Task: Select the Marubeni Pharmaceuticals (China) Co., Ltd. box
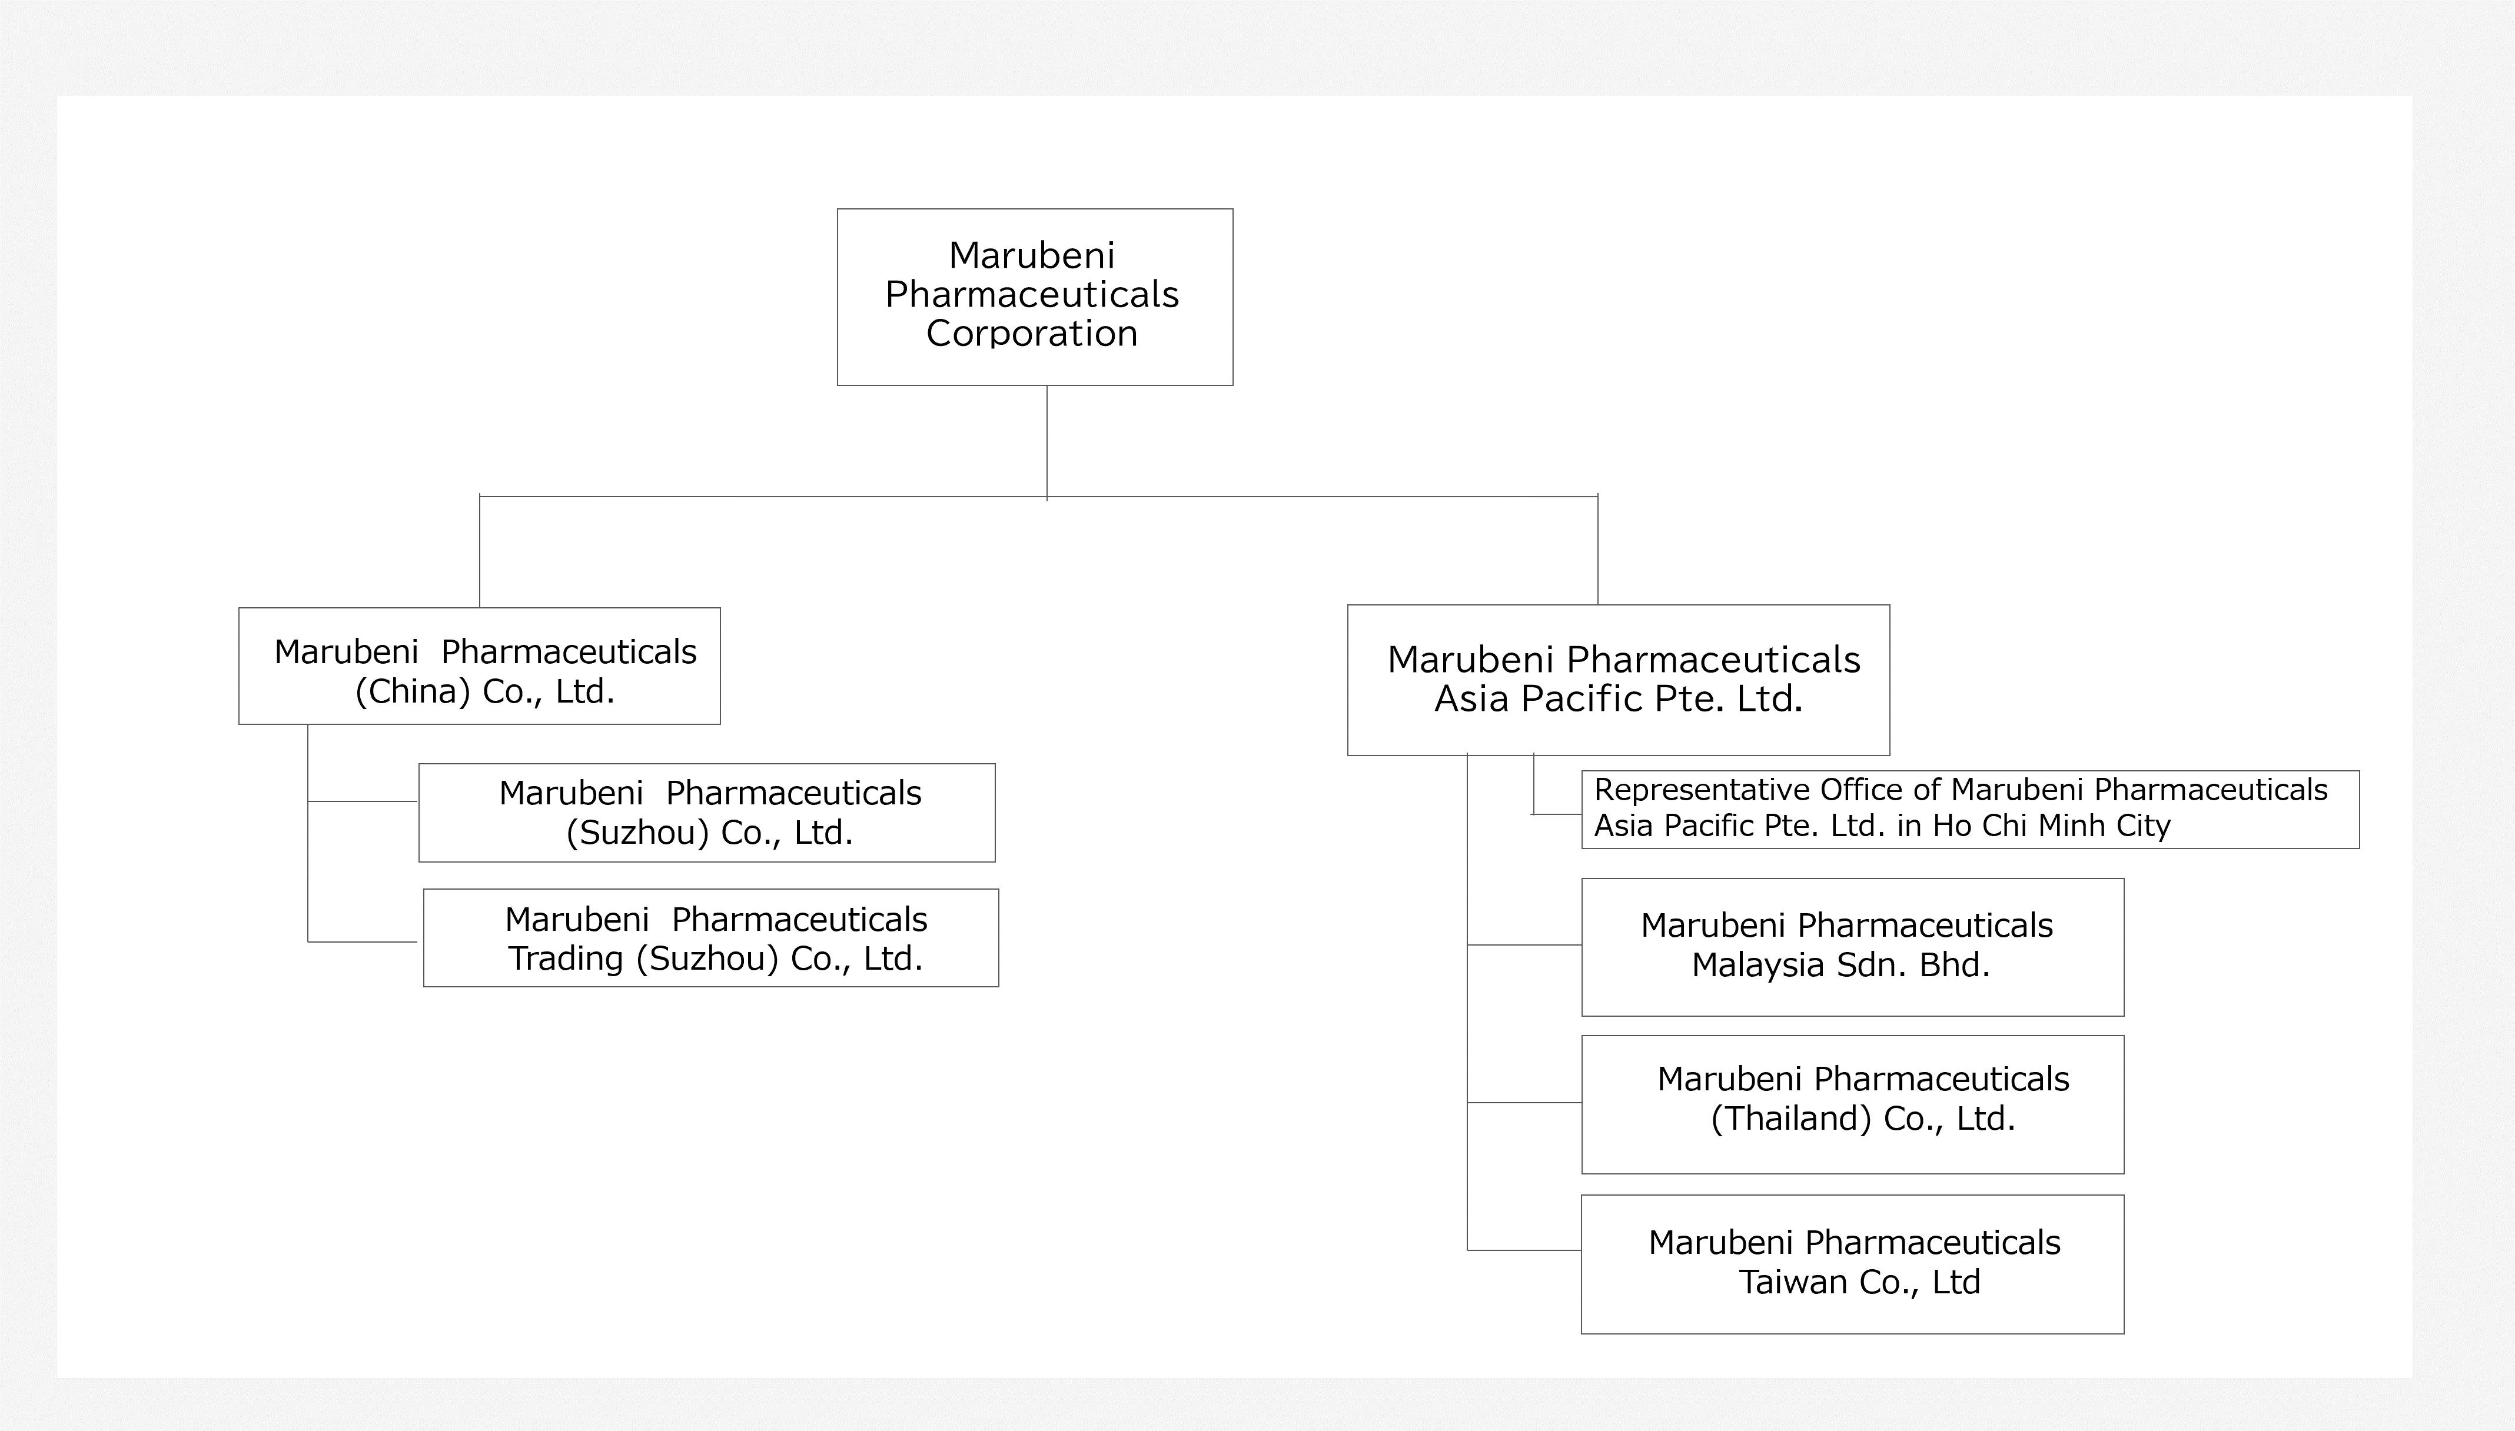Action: click(480, 666)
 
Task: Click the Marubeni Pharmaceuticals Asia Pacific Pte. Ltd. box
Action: click(1619, 680)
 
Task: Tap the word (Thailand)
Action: click(1790, 1119)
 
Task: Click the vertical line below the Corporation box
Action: click(1046, 442)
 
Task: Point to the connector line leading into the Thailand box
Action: click(1524, 1103)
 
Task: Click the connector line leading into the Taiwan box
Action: click(1524, 1250)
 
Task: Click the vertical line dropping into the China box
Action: click(480, 551)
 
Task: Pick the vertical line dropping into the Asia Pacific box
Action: click(1598, 550)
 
